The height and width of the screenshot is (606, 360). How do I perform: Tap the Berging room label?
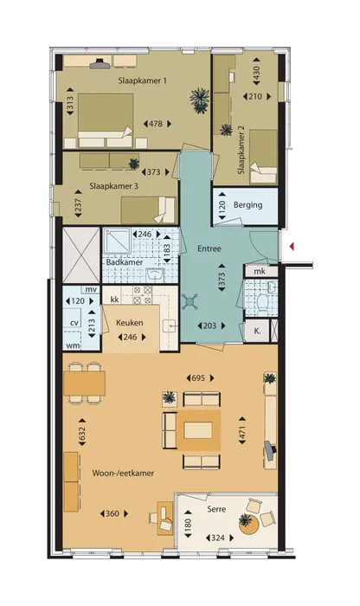248,205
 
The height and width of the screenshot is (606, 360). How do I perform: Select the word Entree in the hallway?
209,248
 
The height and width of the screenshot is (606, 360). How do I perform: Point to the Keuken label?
130,323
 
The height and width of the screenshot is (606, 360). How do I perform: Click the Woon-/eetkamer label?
123,473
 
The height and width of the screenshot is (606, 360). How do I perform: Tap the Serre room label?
216,509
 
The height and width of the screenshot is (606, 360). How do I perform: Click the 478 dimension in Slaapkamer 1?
156,124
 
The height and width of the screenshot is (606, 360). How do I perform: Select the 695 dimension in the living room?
198,378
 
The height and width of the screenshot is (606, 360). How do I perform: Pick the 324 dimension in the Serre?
218,538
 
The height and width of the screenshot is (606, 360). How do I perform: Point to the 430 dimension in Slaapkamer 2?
255,72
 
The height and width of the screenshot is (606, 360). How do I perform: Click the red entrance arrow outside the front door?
292,246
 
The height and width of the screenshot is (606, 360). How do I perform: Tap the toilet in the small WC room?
263,303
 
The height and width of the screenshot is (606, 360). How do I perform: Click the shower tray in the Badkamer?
116,241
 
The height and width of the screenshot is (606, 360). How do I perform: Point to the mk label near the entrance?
260,271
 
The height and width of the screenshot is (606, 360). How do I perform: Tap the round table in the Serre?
248,525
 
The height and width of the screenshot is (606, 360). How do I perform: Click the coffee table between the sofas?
198,430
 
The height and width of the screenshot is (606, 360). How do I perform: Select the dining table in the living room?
84,384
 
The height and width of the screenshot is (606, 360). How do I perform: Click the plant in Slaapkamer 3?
133,164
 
